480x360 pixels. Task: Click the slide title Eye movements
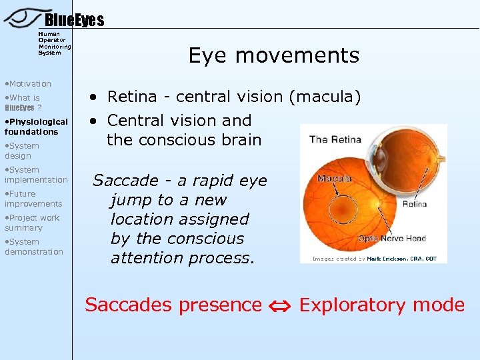point(273,55)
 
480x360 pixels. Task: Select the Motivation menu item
point(28,83)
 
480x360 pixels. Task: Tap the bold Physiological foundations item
point(35,127)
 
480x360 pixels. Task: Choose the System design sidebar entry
point(22,151)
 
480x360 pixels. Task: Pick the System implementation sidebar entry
point(36,175)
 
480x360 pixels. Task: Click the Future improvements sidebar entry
point(33,199)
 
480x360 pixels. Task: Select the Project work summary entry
point(31,223)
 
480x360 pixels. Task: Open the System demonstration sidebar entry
point(33,247)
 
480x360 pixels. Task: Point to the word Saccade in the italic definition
point(125,181)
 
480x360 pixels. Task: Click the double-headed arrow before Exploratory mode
point(281,306)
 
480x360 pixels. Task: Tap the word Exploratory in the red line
point(347,305)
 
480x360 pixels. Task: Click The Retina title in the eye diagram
point(335,139)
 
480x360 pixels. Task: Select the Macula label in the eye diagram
point(334,179)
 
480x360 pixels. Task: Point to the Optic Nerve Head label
point(392,238)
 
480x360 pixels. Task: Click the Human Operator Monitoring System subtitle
point(54,43)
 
